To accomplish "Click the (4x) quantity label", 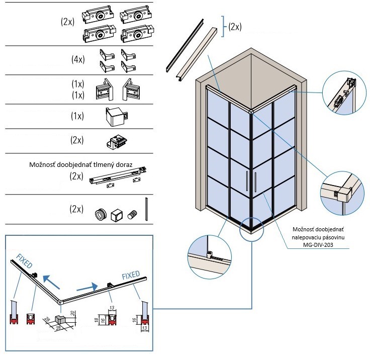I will [x=78, y=59].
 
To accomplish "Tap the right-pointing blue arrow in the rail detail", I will [x=86, y=288].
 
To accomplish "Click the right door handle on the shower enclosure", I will [x=256, y=182].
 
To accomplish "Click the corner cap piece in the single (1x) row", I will [x=116, y=116].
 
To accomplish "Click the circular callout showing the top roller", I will [x=344, y=93].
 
